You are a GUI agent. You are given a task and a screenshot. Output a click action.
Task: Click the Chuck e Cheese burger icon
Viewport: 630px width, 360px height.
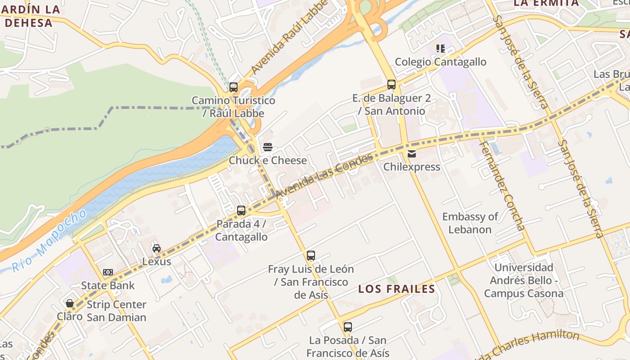pyautogui.click(x=268, y=147)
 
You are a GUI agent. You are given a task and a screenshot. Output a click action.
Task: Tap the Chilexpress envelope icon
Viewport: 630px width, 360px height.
pyautogui.click(x=411, y=154)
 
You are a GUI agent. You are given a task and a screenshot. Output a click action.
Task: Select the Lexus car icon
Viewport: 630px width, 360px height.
pyautogui.click(x=157, y=248)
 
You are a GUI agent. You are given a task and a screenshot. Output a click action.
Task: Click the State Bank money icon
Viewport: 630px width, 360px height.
pyautogui.click(x=108, y=272)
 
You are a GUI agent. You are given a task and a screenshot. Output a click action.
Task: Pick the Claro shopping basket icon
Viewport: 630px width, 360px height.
pyautogui.click(x=70, y=303)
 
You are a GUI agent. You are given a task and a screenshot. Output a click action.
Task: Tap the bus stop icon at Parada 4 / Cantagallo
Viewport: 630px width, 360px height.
pyautogui.click(x=241, y=211)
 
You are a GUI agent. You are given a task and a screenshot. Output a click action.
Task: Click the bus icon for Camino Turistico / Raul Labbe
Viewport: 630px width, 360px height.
pyautogui.click(x=233, y=87)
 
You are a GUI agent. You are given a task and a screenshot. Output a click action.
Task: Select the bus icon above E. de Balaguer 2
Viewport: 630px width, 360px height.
pyautogui.click(x=391, y=85)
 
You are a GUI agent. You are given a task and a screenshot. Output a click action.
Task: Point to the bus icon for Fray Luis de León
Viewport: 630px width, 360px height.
pyautogui.click(x=311, y=256)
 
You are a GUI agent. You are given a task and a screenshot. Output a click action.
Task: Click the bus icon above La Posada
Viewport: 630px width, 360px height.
pyautogui.click(x=347, y=327)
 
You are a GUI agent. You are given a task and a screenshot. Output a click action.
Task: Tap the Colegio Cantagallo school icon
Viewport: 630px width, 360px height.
pyautogui.click(x=440, y=49)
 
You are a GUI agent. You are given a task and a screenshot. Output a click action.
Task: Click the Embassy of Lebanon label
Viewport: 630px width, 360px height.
pyautogui.click(x=470, y=223)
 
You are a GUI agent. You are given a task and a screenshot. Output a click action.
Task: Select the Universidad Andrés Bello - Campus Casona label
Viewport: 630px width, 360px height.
pyautogui.click(x=523, y=280)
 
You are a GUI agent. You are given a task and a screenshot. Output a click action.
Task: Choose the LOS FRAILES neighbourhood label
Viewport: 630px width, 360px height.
pyautogui.click(x=396, y=289)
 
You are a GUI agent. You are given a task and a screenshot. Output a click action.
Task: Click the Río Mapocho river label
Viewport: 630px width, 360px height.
pyautogui.click(x=49, y=241)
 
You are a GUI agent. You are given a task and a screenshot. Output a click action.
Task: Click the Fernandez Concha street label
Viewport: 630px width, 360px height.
pyautogui.click(x=502, y=184)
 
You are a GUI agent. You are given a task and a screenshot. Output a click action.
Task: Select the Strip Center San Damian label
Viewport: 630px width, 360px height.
pyautogui.click(x=116, y=311)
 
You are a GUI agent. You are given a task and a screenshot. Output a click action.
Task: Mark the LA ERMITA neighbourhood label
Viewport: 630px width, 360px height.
pyautogui.click(x=546, y=3)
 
